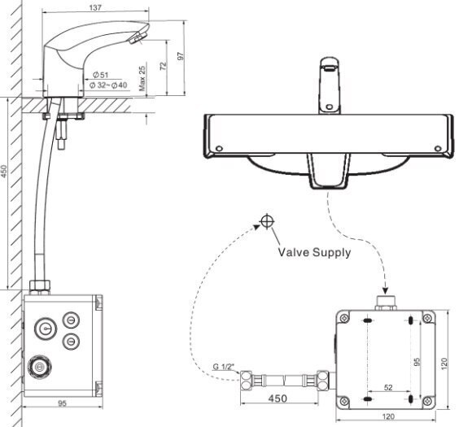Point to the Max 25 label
tap(142, 80)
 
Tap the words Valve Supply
tap(313, 252)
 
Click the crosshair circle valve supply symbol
tap(266, 221)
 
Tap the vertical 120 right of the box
tap(444, 359)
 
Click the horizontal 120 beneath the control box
tap(388, 417)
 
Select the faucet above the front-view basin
tap(330, 85)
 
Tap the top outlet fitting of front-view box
tap(387, 305)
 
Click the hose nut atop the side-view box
tap(38, 286)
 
